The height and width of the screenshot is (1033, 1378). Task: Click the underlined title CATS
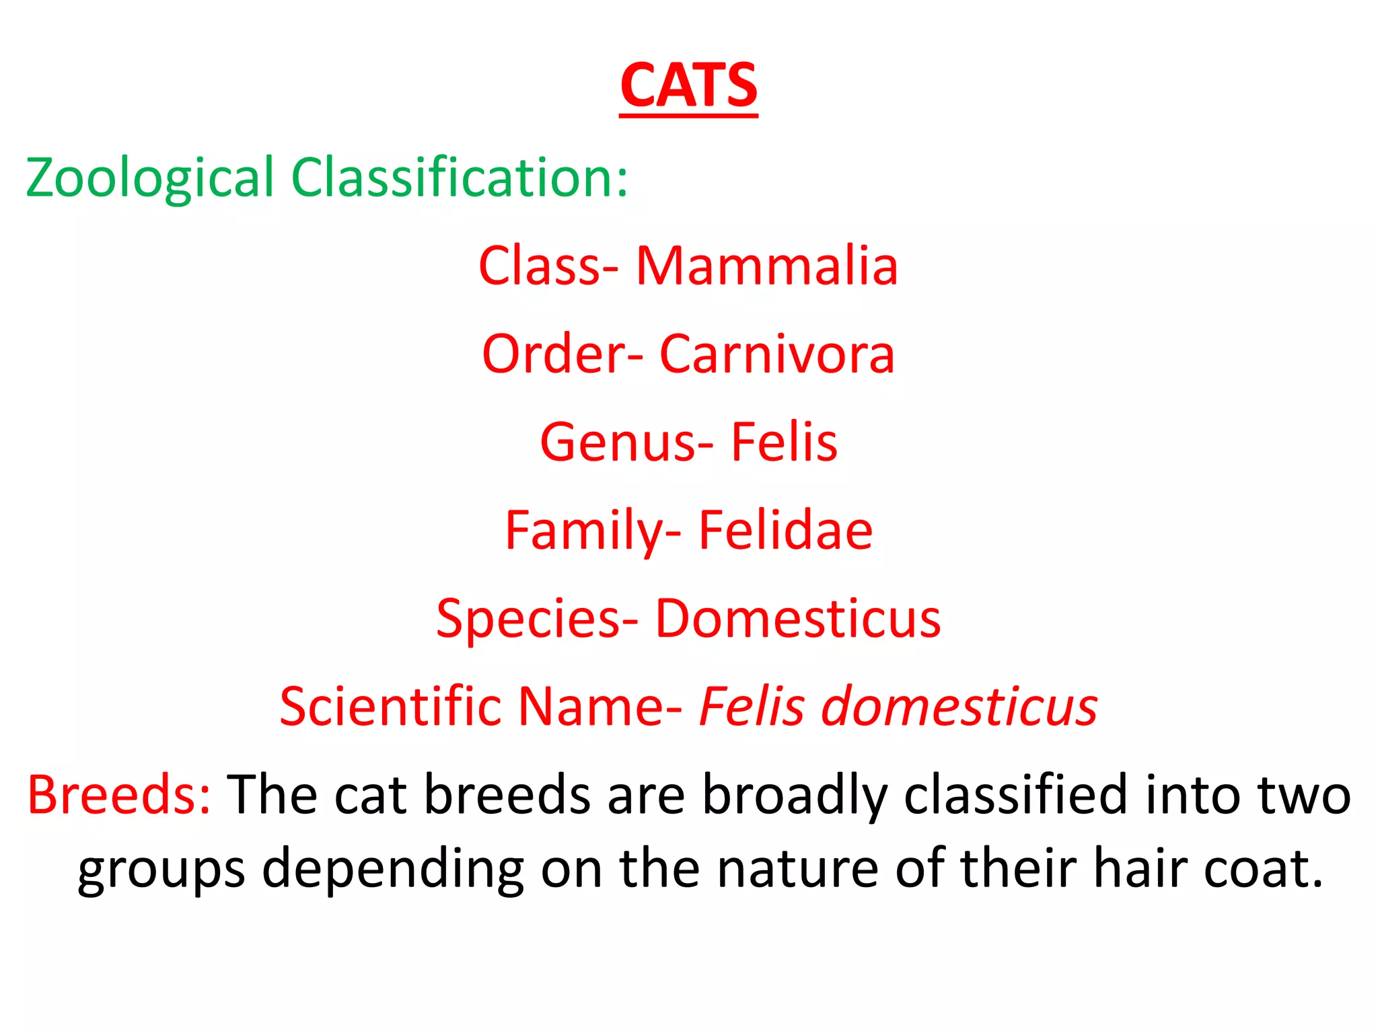688,86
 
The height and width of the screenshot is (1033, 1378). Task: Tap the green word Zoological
149,178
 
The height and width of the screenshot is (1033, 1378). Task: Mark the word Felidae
785,531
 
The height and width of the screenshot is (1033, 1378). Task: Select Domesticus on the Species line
797,619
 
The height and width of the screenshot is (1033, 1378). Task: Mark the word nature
797,868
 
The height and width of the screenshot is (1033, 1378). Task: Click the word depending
393,870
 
